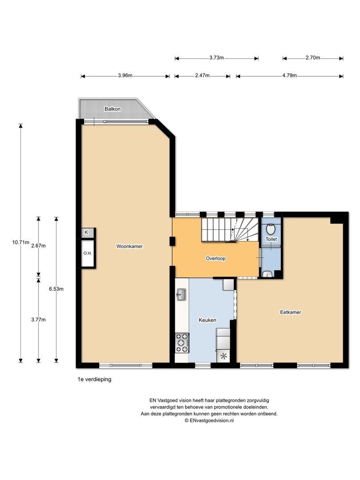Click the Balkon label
(112, 109)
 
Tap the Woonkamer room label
(129, 246)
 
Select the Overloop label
(216, 258)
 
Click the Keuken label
(208, 320)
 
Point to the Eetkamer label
(291, 312)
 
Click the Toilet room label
(271, 239)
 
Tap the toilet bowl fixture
(271, 229)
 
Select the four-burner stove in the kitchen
(182, 343)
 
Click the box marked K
(87, 232)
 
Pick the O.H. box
(87, 253)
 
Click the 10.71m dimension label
(21, 242)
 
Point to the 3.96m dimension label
(125, 76)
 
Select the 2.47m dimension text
(202, 76)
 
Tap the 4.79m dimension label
(289, 76)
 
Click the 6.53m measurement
(56, 289)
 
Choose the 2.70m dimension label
(313, 58)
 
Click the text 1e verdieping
(94, 380)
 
